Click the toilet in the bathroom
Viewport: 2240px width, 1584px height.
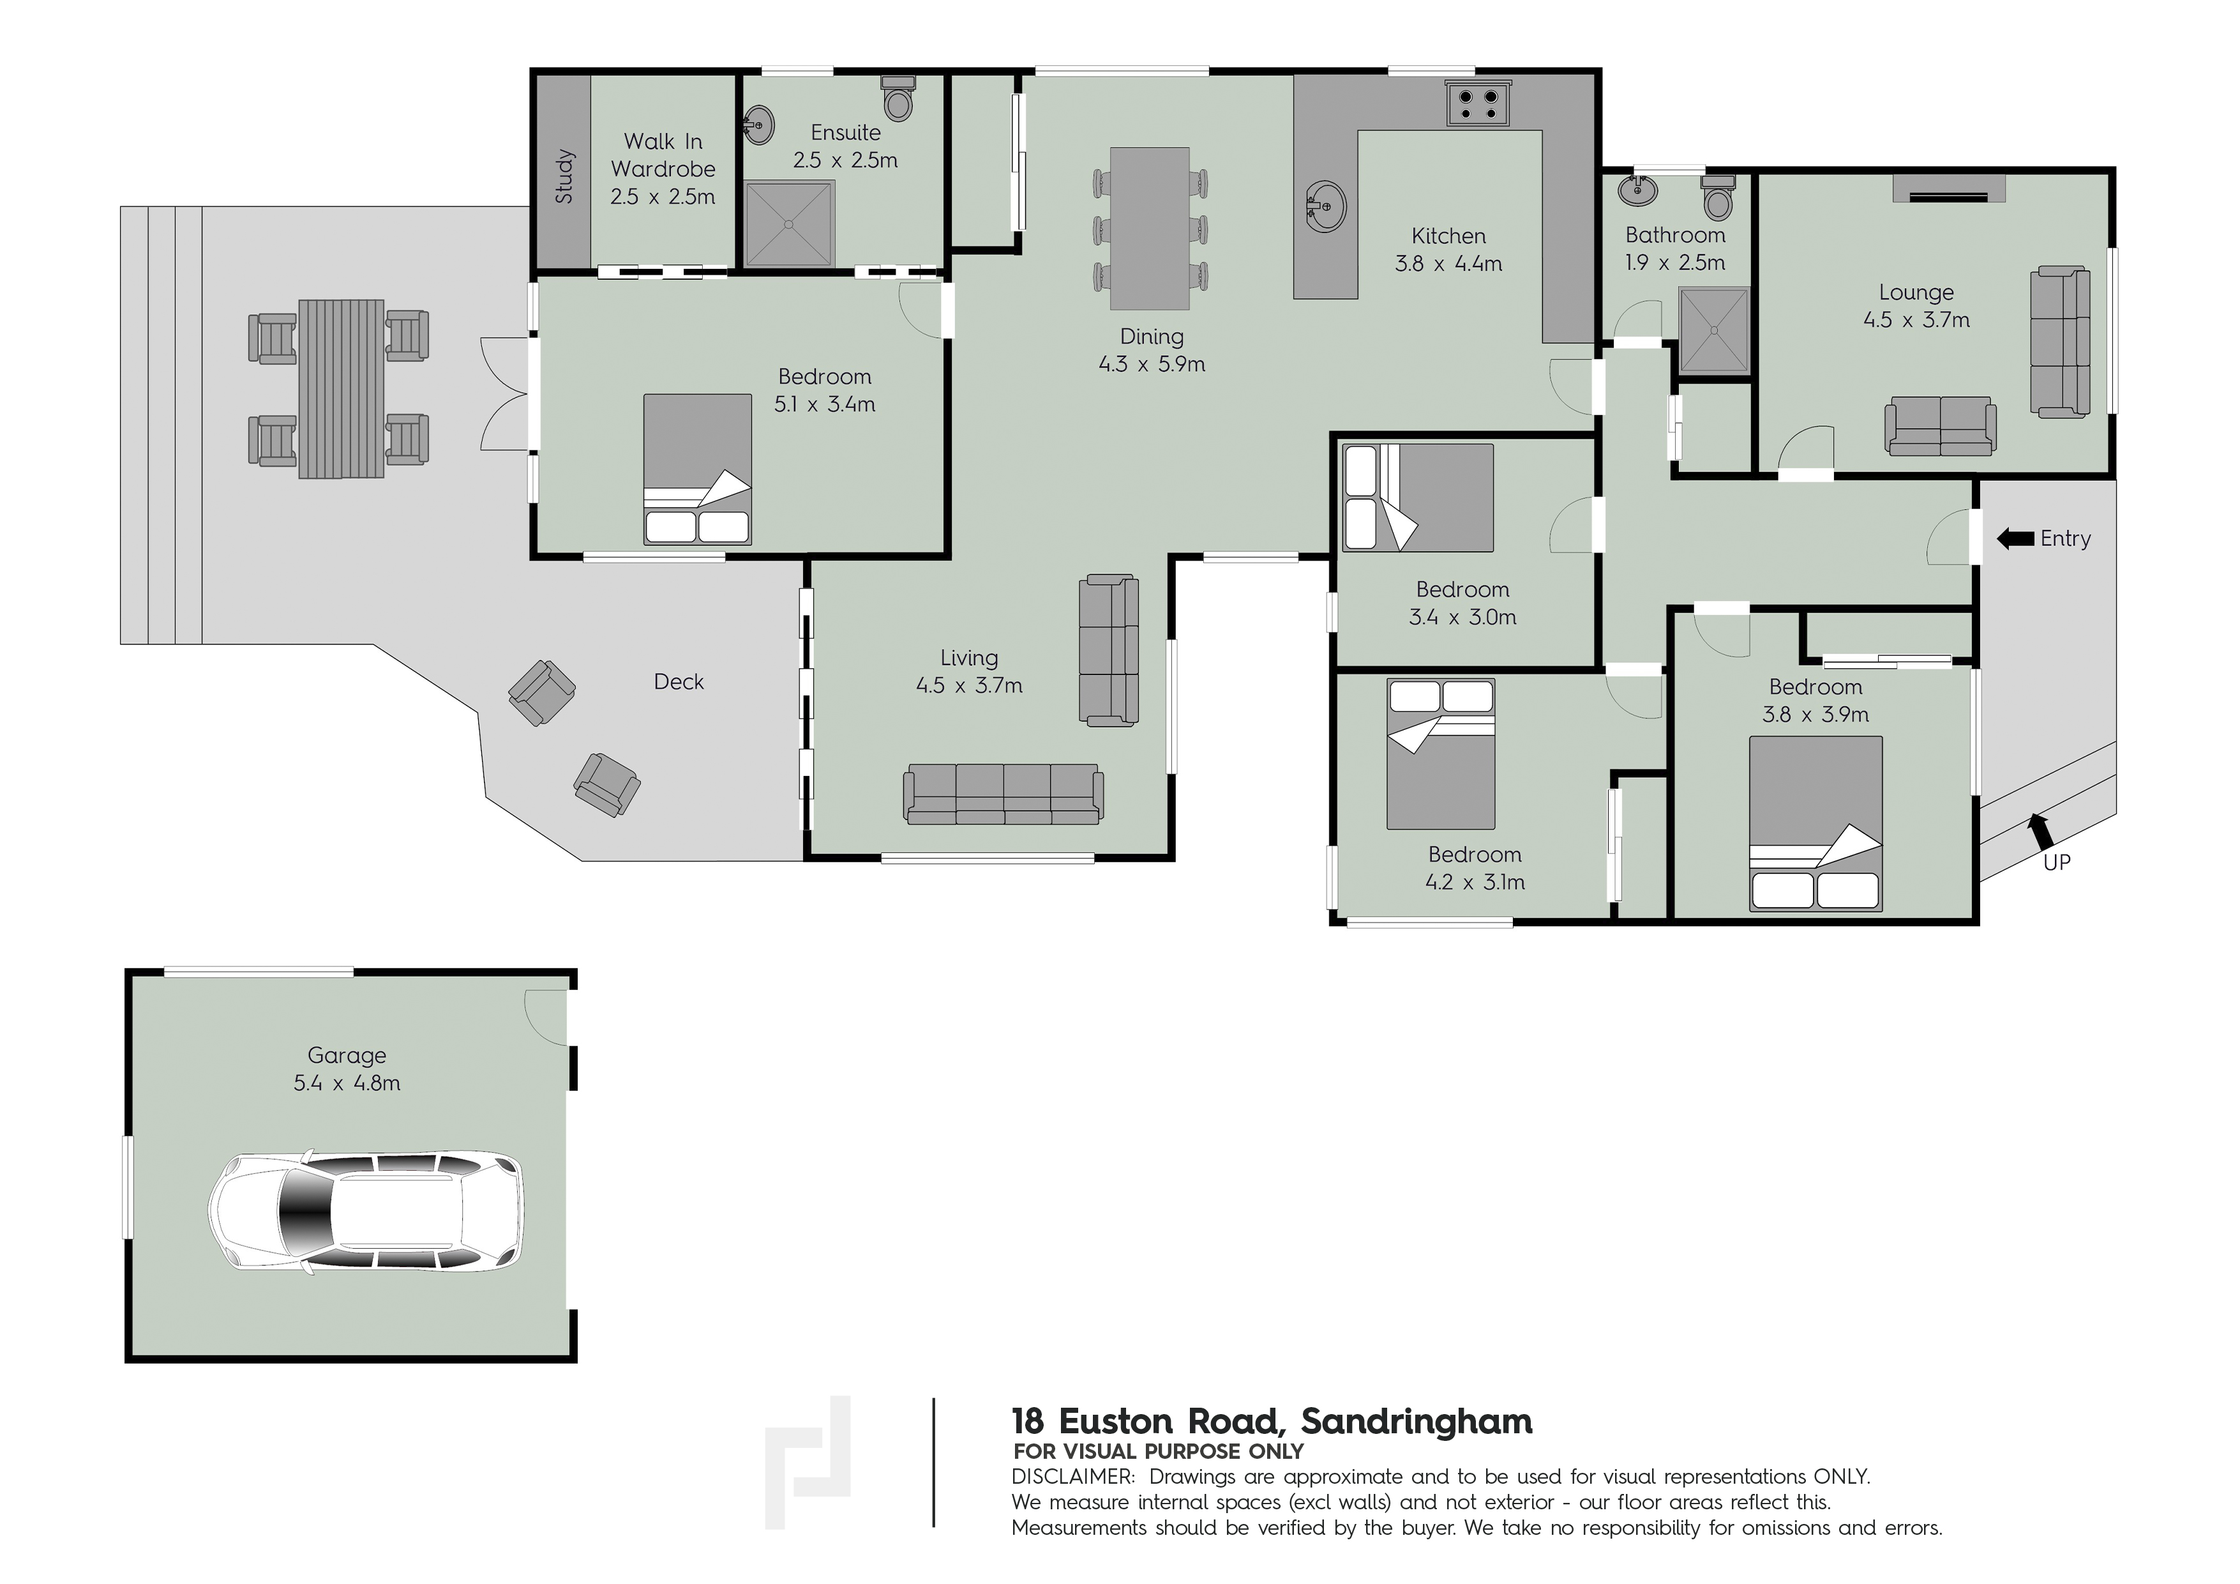(1717, 198)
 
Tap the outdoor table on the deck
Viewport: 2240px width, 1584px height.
(340, 388)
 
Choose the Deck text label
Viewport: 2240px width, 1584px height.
(678, 682)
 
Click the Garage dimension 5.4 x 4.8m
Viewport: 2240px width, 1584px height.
(347, 1083)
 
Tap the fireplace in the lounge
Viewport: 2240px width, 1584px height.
(1948, 189)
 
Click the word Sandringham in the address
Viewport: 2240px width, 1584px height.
(1417, 1422)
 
